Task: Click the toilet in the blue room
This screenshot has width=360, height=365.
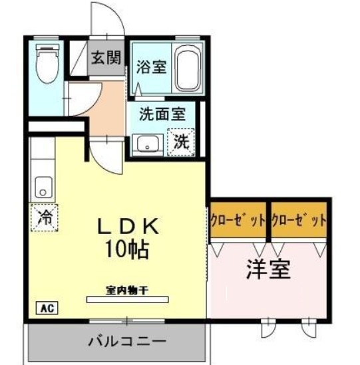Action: pos(46,63)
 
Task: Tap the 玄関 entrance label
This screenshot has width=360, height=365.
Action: pos(106,57)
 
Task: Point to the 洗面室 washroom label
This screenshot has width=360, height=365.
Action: pos(162,114)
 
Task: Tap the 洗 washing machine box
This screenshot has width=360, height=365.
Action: pos(181,142)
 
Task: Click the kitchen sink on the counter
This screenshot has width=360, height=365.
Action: pos(43,186)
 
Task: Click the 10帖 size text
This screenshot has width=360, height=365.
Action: pos(126,250)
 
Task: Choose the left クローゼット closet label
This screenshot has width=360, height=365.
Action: pos(238,220)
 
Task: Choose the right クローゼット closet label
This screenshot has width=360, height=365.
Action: pos(299,220)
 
